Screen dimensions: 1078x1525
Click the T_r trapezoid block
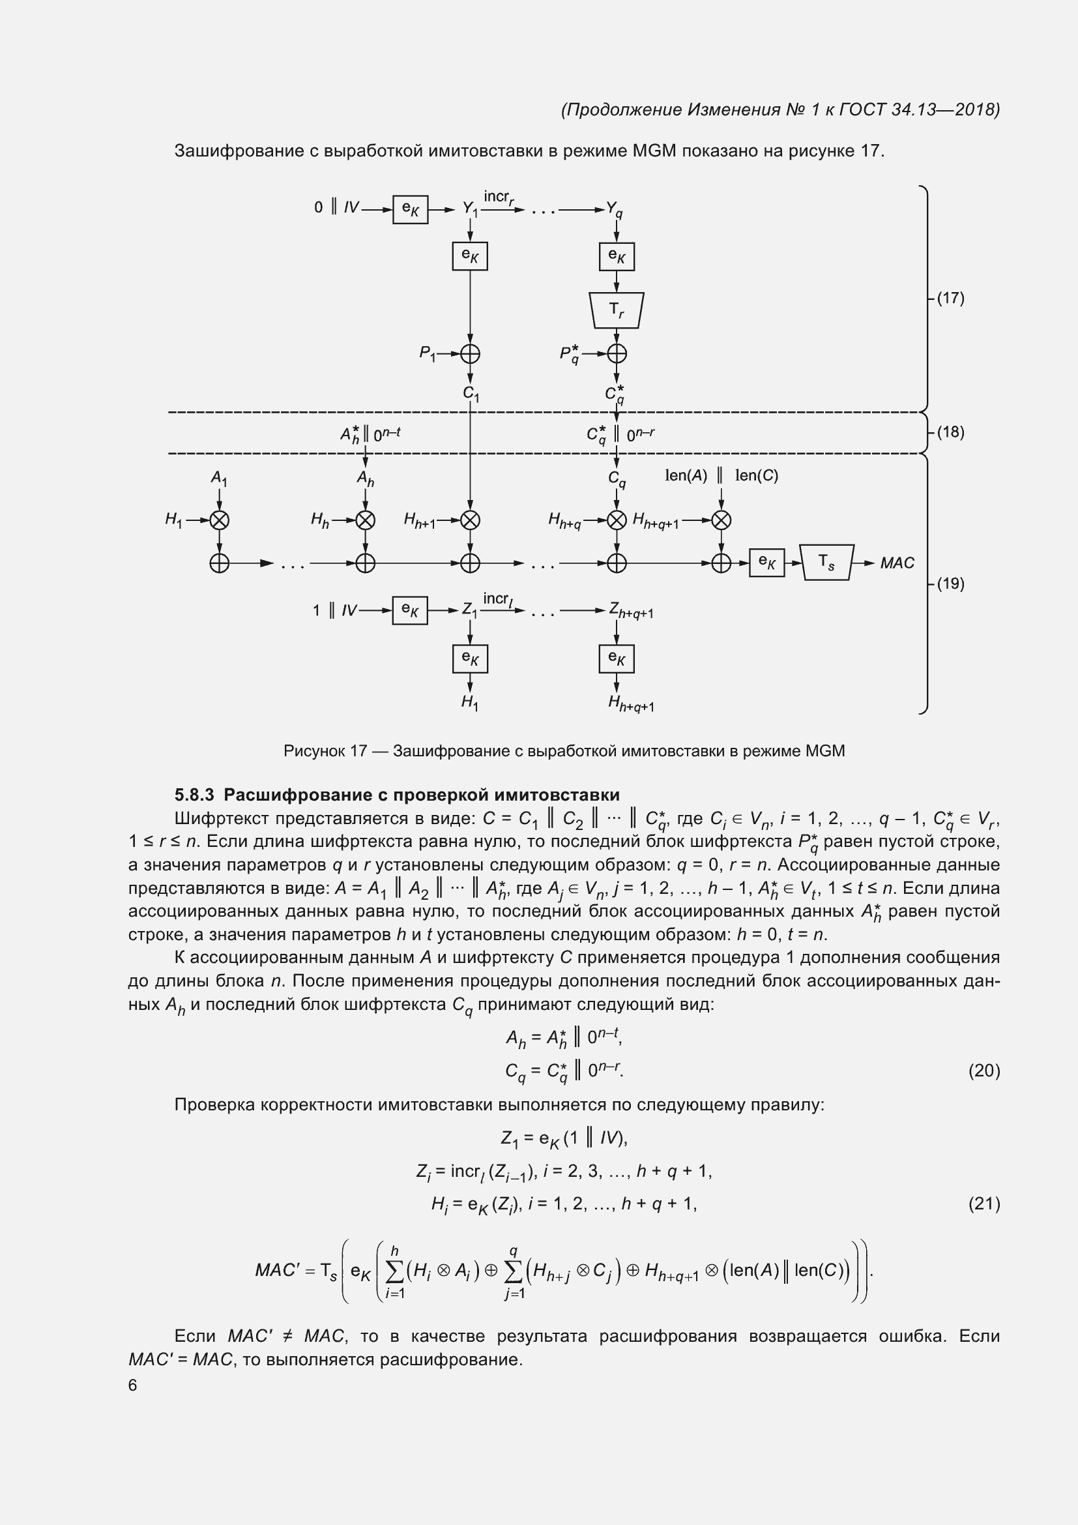tap(616, 310)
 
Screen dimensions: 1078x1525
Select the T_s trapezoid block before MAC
tap(826, 563)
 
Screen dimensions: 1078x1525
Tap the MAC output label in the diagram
tap(897, 563)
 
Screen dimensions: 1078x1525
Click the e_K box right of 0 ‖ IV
tap(410, 210)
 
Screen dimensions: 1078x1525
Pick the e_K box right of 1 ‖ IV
tap(410, 610)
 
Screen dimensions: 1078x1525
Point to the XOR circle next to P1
tap(470, 353)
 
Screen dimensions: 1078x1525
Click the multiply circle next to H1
tap(219, 520)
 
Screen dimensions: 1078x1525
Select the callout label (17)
tap(950, 297)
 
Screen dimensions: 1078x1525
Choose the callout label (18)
tap(950, 432)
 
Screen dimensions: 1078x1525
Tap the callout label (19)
tap(950, 583)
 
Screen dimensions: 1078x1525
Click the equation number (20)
tap(983, 1070)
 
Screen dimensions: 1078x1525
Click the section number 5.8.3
tap(194, 794)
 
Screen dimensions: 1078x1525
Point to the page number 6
tap(133, 1384)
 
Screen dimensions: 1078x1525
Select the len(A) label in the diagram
tap(686, 475)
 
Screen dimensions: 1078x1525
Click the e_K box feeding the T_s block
tap(766, 563)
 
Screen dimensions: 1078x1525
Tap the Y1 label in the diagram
tap(470, 209)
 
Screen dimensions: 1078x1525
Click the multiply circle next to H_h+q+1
tap(721, 520)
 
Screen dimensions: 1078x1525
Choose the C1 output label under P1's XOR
tap(471, 394)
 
